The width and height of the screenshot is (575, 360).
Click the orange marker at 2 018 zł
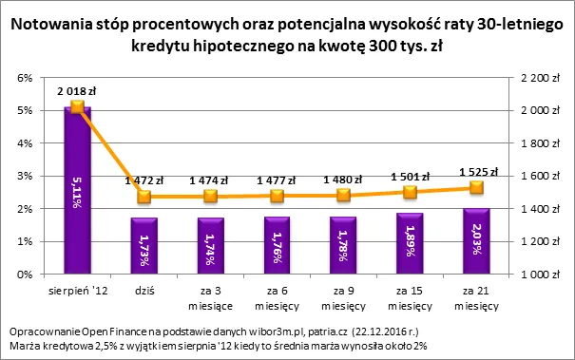point(78,107)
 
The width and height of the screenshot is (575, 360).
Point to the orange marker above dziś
point(144,197)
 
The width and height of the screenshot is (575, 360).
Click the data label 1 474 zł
point(209,180)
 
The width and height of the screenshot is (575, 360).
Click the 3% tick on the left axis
point(26,176)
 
